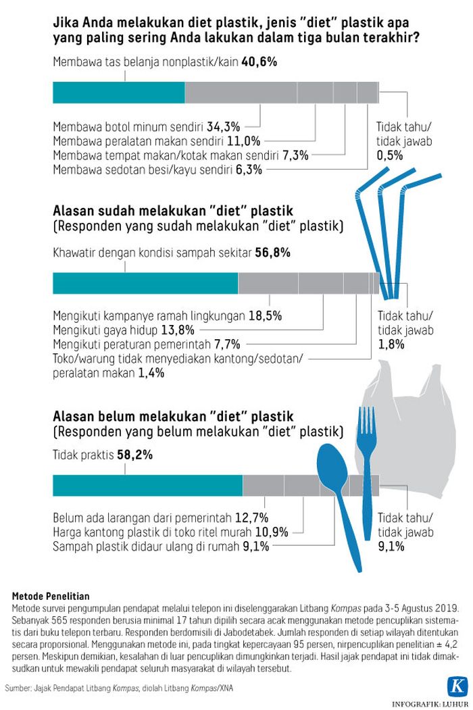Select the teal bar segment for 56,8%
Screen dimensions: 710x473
click(145, 283)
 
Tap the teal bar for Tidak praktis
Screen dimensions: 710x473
click(147, 485)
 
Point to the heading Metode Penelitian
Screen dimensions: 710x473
click(51, 595)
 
